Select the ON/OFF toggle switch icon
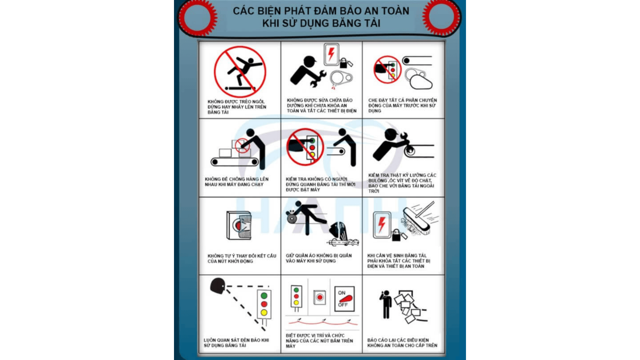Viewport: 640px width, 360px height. tap(344, 299)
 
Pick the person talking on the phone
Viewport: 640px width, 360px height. tap(386, 304)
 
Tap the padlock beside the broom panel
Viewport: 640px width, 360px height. tap(396, 235)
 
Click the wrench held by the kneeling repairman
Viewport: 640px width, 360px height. tap(317, 79)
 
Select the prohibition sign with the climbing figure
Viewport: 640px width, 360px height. tap(240, 72)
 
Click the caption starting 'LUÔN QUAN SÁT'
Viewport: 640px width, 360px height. tap(236, 343)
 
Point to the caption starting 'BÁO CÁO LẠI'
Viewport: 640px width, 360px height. tap(402, 343)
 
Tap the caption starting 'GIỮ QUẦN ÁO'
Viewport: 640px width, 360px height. tap(319, 258)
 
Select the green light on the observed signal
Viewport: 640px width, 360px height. tap(264, 296)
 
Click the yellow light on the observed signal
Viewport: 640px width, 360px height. tap(264, 313)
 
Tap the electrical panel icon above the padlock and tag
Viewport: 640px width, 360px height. tap(331, 54)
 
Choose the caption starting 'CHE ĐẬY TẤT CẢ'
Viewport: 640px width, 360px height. tap(402, 105)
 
